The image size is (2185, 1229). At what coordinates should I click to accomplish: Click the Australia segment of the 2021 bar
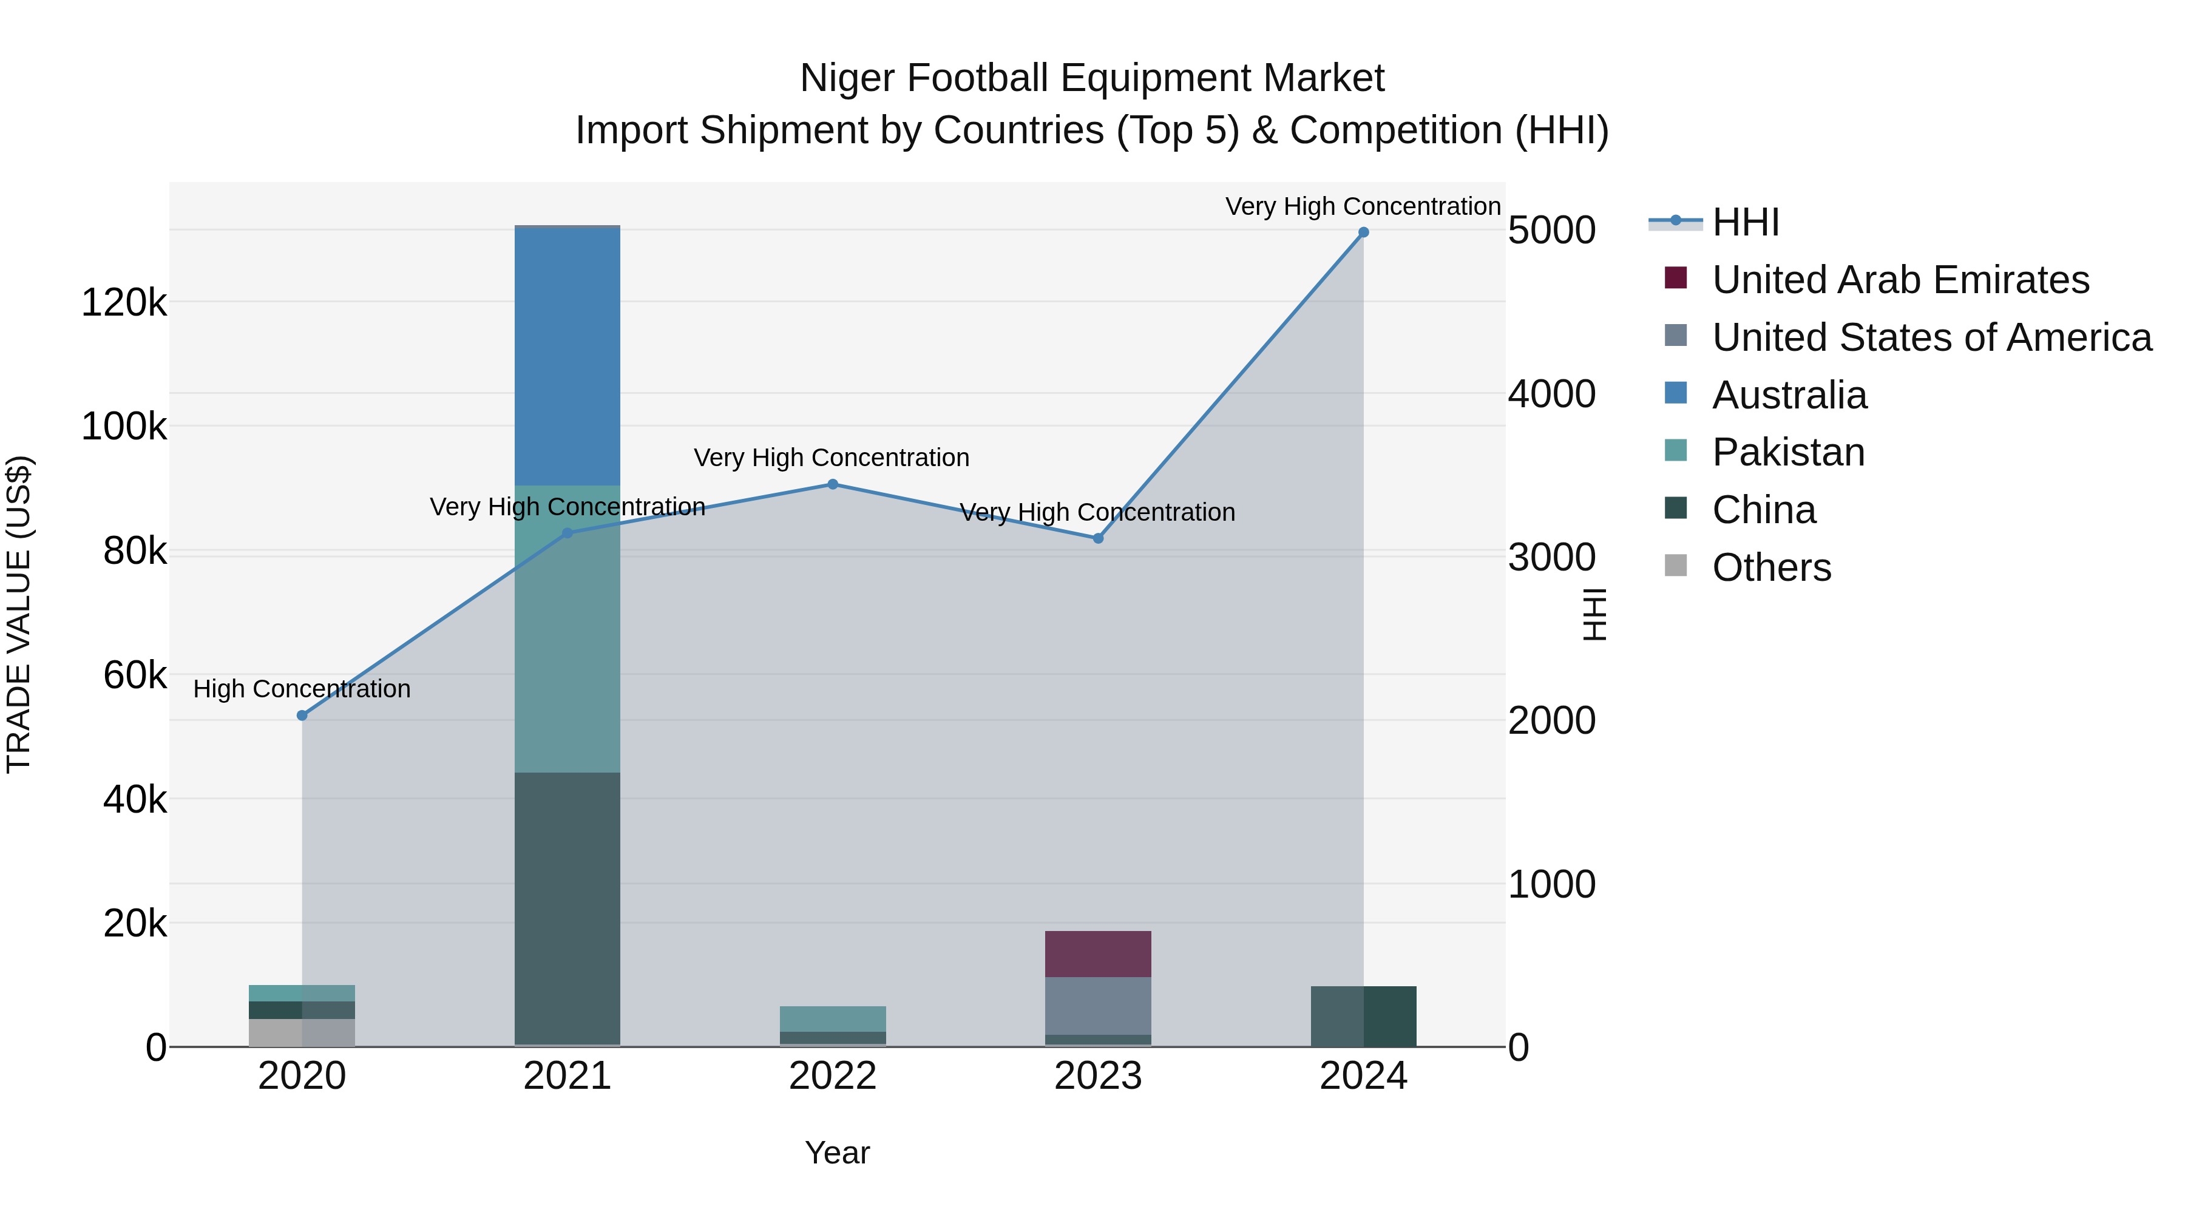567,356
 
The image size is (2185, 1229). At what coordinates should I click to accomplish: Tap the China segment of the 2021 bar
567,907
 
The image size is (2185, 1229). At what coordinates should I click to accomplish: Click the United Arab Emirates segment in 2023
1097,954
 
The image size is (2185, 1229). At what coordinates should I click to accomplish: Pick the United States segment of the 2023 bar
1097,1006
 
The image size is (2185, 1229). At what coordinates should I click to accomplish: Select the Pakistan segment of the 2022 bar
832,1018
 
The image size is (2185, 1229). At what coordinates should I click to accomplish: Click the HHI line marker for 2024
1363,232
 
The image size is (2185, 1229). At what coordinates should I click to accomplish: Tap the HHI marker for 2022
832,484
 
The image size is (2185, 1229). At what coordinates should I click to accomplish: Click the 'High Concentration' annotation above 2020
302,689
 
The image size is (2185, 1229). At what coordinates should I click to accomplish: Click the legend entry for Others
1771,567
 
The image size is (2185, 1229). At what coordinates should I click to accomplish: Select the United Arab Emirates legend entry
1900,280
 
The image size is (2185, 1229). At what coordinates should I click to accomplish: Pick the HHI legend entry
1745,222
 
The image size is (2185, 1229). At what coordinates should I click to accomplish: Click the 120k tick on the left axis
124,303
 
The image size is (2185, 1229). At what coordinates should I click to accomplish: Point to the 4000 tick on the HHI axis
1551,394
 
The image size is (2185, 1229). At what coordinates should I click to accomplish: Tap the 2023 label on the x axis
1097,1076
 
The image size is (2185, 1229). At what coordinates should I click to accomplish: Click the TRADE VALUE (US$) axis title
19,614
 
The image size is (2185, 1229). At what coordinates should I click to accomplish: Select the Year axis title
837,1153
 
